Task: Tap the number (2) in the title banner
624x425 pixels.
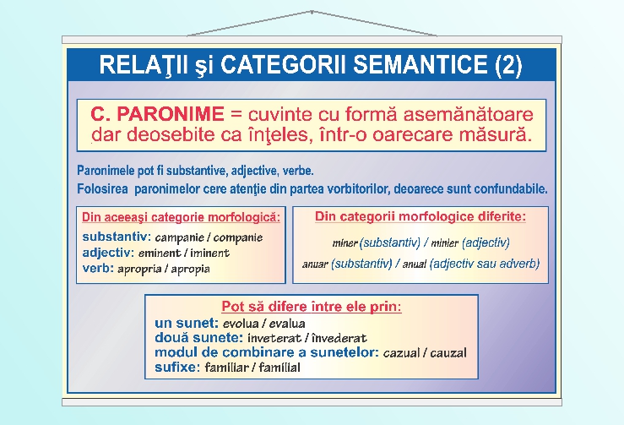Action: pyautogui.click(x=504, y=65)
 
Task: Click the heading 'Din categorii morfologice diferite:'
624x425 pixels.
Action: pyautogui.click(x=420, y=217)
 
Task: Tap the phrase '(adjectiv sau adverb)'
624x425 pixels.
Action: pyautogui.click(x=484, y=264)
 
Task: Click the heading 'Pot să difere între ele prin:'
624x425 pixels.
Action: pyautogui.click(x=311, y=306)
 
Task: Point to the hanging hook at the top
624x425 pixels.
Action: pyautogui.click(x=312, y=12)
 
